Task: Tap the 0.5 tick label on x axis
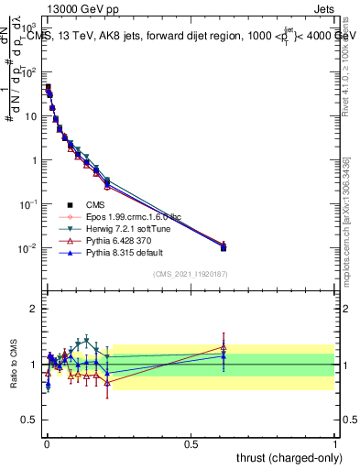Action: [x=191, y=443]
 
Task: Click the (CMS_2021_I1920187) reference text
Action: [x=191, y=274]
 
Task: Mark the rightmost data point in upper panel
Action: [x=224, y=247]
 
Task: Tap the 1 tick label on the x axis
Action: [x=335, y=443]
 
